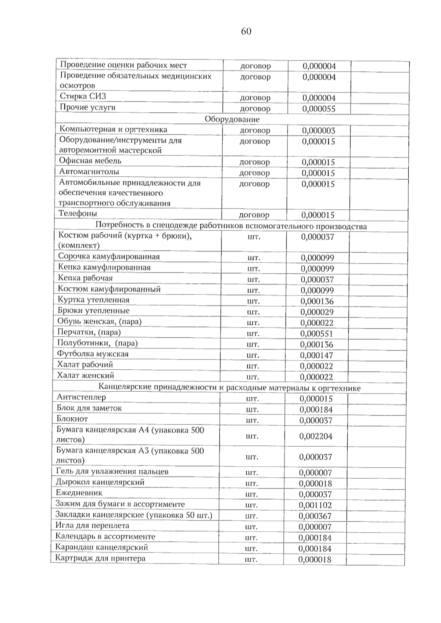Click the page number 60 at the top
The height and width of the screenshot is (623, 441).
coord(246,32)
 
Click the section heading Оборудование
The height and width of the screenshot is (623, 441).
coord(232,119)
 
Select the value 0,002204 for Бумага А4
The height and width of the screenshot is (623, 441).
coord(316,436)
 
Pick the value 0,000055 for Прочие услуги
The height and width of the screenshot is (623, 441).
coord(319,109)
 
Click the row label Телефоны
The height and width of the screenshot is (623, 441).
coord(78,213)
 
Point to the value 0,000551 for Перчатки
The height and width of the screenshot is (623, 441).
coord(317,334)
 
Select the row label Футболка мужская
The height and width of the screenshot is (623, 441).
coord(93,354)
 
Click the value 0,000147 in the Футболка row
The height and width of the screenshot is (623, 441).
coord(316,355)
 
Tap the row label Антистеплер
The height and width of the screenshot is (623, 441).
coord(81,397)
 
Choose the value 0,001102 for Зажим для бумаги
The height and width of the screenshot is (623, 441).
coord(315,505)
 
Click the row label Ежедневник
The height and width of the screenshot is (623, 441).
coord(79,493)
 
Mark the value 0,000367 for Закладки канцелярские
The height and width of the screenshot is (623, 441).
coord(315,516)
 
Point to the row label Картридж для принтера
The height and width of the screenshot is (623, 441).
coord(100,558)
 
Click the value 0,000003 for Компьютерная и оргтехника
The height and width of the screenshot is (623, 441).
coord(319,131)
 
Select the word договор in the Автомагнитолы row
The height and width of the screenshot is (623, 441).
coord(255,173)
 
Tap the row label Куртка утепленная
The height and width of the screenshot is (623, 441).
coord(94,300)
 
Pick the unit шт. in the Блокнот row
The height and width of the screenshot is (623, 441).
coord(252,420)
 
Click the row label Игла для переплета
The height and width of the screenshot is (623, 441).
coord(92,526)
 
